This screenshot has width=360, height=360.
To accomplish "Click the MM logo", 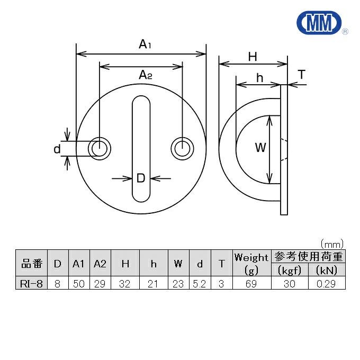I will click(x=318, y=22).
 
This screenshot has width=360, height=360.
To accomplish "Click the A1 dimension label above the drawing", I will click(x=145, y=45).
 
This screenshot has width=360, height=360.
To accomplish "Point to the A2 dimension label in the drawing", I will click(x=145, y=76).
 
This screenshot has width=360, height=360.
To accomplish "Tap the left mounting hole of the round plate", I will click(x=98, y=148).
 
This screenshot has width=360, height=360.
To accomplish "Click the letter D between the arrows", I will click(x=141, y=178).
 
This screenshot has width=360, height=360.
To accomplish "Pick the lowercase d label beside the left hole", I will click(x=58, y=149).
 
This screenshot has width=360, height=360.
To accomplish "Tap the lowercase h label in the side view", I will click(x=259, y=78).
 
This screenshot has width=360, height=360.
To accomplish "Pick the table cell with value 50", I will click(x=79, y=283).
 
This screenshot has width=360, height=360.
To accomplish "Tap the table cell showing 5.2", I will click(x=200, y=283).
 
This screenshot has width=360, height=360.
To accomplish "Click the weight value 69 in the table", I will click(x=251, y=283).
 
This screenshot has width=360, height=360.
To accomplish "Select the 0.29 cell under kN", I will click(x=326, y=283).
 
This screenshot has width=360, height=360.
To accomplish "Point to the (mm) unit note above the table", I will click(x=332, y=244).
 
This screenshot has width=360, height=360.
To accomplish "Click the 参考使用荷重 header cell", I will click(x=308, y=257).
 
